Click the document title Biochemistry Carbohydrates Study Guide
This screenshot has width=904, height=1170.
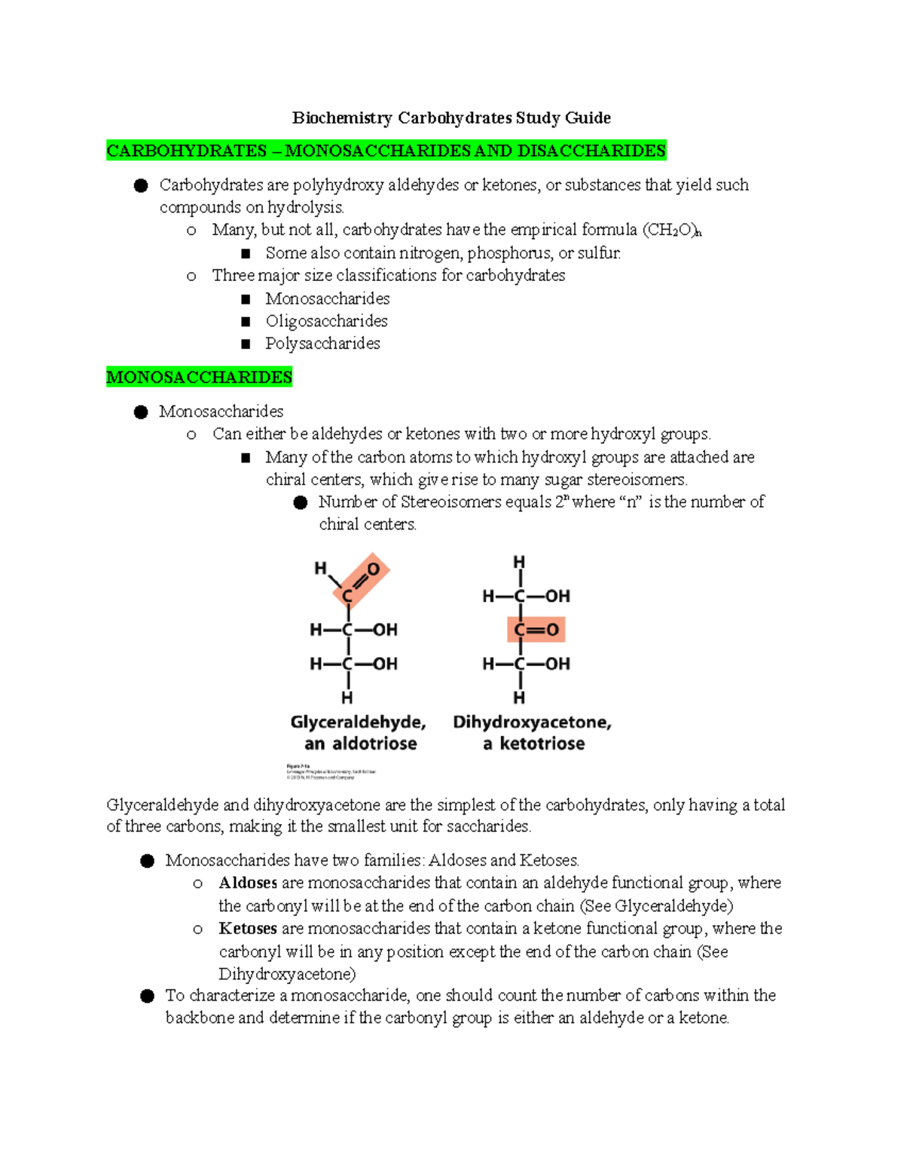pyautogui.click(x=451, y=118)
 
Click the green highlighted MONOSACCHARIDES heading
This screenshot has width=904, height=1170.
pyautogui.click(x=199, y=377)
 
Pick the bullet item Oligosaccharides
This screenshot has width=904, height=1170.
pyautogui.click(x=326, y=321)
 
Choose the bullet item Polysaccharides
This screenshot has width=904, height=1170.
pyautogui.click(x=322, y=344)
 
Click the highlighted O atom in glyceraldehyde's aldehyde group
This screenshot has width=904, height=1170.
pyautogui.click(x=373, y=570)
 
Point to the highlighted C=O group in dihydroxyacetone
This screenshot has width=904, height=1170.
pyautogui.click(x=536, y=630)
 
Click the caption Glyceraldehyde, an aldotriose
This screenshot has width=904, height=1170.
pyautogui.click(x=359, y=732)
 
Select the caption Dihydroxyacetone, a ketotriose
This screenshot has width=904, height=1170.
pyautogui.click(x=533, y=732)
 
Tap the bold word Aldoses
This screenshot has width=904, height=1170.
pyautogui.click(x=248, y=882)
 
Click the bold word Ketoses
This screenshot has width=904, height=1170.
pyautogui.click(x=248, y=928)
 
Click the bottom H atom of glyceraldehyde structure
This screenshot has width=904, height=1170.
pyautogui.click(x=347, y=697)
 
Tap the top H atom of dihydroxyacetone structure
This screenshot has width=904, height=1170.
pyautogui.click(x=519, y=562)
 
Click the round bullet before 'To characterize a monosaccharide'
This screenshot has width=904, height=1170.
pyautogui.click(x=147, y=996)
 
